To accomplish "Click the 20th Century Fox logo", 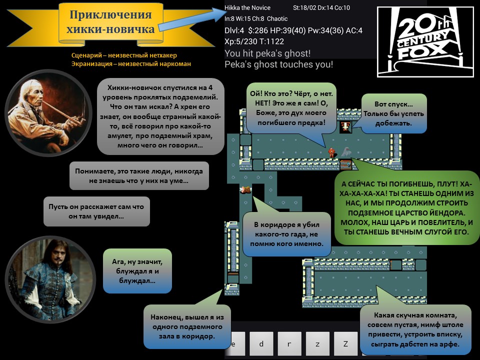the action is pos(425,41).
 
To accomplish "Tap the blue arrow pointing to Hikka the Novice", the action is pos(192,19).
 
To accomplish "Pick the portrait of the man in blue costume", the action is pos(50,279).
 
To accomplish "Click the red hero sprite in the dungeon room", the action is pos(331,152).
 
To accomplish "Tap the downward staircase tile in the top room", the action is pos(346,126).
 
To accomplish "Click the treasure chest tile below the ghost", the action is pos(346,164).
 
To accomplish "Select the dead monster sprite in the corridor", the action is pos(245,190).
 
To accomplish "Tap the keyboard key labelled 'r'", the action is pos(289,343).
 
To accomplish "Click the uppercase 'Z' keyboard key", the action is pos(345,343).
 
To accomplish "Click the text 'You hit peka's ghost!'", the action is pos(267,53).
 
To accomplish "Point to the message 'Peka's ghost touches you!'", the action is pos(278,64).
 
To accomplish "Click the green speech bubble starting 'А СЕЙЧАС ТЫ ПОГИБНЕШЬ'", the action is pos(407,207).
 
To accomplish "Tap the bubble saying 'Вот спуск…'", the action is pos(393,113).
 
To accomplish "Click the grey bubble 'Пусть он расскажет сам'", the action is pos(96,211).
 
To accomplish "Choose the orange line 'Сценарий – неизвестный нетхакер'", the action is pos(124,55).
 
